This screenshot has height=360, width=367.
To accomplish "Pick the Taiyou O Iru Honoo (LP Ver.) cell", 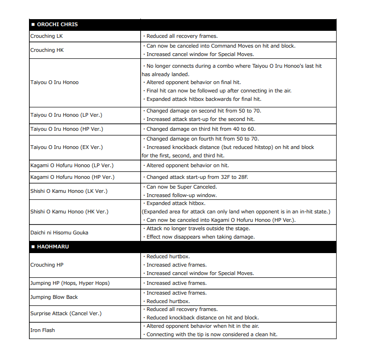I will (x=66, y=115).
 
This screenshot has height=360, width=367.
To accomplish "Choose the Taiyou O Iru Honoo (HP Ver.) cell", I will (x=66, y=129).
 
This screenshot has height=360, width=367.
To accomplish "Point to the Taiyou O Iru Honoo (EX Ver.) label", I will (x=66, y=147).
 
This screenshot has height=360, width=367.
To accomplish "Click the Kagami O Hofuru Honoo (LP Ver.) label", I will (x=72, y=165).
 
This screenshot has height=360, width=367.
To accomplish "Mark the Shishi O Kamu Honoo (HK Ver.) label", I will (x=69, y=212).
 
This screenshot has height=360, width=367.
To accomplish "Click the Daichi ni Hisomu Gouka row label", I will (x=59, y=233).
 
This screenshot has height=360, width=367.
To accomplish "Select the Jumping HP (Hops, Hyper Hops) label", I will (x=70, y=283).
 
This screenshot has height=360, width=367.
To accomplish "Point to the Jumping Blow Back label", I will (x=54, y=297).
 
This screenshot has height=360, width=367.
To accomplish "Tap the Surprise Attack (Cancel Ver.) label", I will (x=65, y=313).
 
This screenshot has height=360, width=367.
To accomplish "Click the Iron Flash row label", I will (x=43, y=330).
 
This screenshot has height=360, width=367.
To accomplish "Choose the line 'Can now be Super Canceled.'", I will (x=181, y=187).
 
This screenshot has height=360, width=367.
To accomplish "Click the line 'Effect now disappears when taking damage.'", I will (x=200, y=237).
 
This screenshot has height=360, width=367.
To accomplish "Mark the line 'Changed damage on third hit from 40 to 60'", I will (x=201, y=129).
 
